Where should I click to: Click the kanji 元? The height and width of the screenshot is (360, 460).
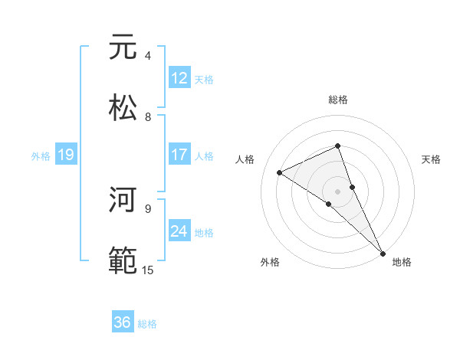[x=123, y=47]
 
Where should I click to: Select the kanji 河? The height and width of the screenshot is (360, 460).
[x=123, y=201]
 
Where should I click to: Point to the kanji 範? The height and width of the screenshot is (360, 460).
[x=123, y=260]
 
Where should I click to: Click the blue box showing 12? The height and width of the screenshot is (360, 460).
[x=179, y=78]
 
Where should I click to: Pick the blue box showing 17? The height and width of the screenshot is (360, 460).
[x=179, y=155]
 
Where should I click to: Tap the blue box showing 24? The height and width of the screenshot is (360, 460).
[x=179, y=231]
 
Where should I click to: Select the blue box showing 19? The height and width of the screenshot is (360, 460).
[x=65, y=155]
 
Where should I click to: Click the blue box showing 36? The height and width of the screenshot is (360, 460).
[x=123, y=323]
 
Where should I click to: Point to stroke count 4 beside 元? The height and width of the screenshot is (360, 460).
[x=148, y=56]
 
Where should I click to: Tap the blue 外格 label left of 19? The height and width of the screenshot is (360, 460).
[x=41, y=156]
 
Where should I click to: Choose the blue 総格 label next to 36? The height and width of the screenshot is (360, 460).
[x=147, y=324]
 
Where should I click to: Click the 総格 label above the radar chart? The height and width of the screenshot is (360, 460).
[x=338, y=100]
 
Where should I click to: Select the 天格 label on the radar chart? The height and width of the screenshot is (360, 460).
[x=431, y=159]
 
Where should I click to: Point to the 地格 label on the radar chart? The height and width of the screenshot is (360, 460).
[x=402, y=262]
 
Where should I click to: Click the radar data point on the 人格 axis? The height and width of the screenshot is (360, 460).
[x=280, y=172]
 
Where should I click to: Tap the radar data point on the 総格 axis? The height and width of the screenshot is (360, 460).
[x=338, y=146]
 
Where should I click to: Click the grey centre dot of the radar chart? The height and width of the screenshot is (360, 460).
[x=338, y=191]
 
